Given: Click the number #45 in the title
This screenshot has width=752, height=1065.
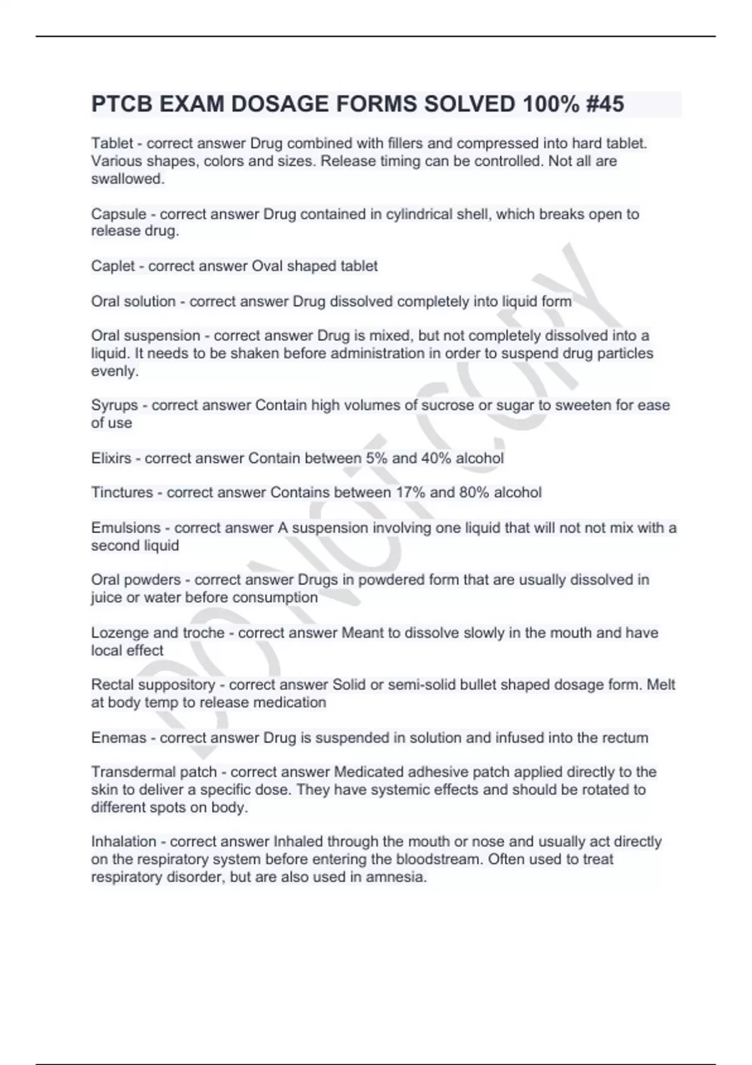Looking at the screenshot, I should [605, 104].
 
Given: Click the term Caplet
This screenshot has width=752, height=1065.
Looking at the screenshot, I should [113, 266].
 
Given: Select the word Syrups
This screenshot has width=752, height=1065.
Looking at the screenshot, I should [115, 406].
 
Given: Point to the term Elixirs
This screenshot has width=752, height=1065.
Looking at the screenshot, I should [111, 459].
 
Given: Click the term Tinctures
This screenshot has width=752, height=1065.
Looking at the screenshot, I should [122, 492].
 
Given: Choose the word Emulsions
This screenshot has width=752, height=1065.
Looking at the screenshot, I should [126, 528].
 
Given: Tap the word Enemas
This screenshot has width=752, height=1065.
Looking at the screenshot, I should [118, 738].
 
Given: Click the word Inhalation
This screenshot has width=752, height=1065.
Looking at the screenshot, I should [123, 842].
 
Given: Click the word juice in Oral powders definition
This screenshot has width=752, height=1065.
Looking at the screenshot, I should [107, 598].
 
